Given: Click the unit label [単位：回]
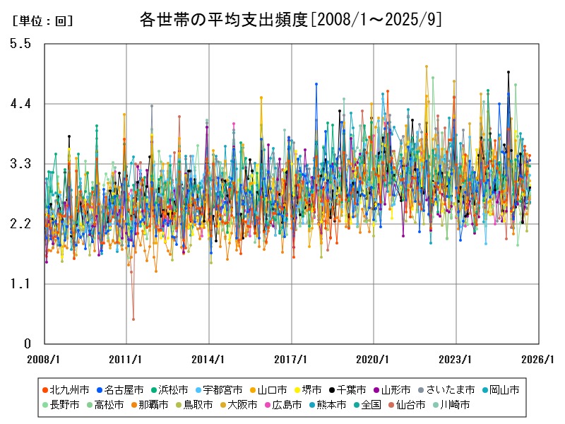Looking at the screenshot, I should (x=43, y=21).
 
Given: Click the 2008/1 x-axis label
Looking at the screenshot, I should (x=44, y=359).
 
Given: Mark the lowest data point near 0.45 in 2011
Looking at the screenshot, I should (x=133, y=319).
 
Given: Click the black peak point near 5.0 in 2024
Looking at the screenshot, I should (x=509, y=72).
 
